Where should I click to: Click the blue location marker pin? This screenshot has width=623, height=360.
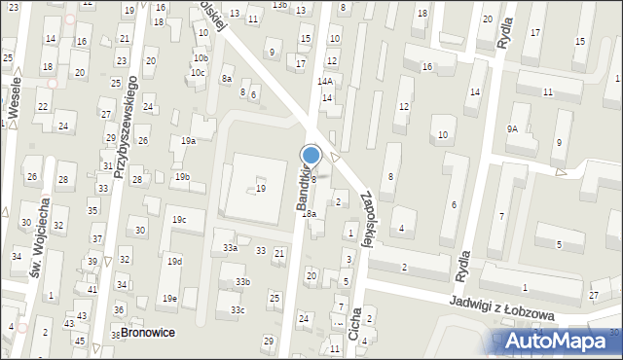point(311,156)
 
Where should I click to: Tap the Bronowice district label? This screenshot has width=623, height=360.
point(145,332)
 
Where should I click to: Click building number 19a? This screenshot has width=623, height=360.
point(188,141)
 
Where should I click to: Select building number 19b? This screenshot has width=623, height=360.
point(182,176)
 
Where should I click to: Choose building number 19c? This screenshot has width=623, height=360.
point(179,220)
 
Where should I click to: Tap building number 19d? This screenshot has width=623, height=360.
point(174,262)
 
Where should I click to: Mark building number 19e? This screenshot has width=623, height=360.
point(170,298)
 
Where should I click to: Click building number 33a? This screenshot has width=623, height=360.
point(231,248)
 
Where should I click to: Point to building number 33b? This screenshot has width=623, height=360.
point(241,282)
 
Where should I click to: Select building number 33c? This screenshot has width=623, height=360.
point(238,309)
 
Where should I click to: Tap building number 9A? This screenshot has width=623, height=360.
point(512,127)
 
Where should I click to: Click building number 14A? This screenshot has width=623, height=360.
point(325,82)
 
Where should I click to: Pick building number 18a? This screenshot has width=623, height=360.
point(309,213)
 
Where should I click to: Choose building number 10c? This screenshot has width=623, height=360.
point(199,72)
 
